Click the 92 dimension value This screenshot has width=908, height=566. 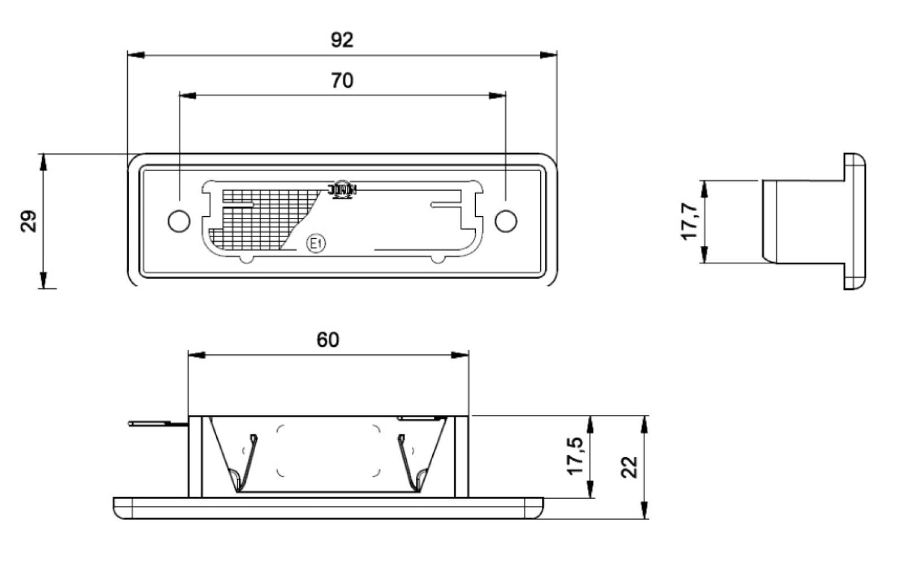click(x=342, y=40)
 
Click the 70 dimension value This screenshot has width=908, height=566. click(x=342, y=81)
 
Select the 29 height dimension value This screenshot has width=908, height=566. click(x=29, y=221)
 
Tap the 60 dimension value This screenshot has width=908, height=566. click(x=328, y=340)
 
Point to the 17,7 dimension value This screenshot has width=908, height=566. click(x=690, y=221)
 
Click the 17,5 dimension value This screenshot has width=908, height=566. click(x=576, y=456)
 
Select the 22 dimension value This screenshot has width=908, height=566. click(x=630, y=467)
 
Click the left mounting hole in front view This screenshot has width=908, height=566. click(x=179, y=221)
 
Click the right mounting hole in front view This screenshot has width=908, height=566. click(x=506, y=221)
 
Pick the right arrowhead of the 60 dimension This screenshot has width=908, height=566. click(x=461, y=355)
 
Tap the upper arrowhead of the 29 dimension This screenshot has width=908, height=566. click(x=43, y=161)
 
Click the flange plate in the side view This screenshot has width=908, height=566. click(x=854, y=221)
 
